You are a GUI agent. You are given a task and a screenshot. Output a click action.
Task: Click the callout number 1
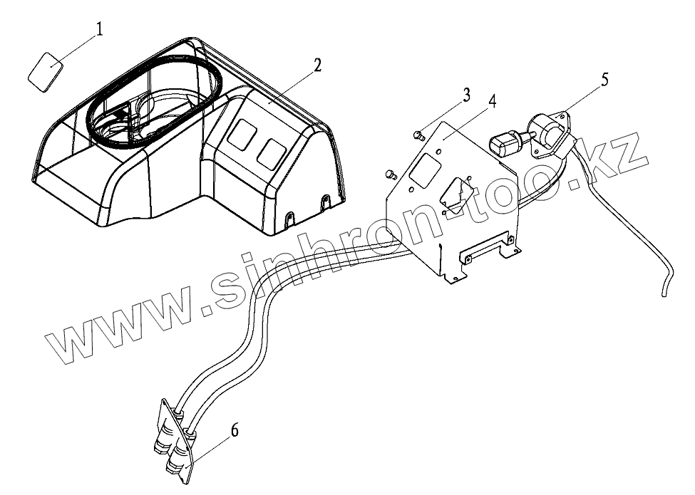100,29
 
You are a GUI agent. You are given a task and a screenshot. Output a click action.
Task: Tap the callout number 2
316,66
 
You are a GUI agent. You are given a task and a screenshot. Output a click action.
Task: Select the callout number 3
466,95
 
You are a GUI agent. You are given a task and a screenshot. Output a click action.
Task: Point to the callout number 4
492,100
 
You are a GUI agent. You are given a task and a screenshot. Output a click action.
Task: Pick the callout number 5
604,79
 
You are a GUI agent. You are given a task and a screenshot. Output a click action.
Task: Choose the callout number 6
235,429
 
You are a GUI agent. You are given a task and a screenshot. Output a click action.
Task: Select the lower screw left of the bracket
390,172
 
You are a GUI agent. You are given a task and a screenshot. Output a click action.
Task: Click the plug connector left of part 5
505,144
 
